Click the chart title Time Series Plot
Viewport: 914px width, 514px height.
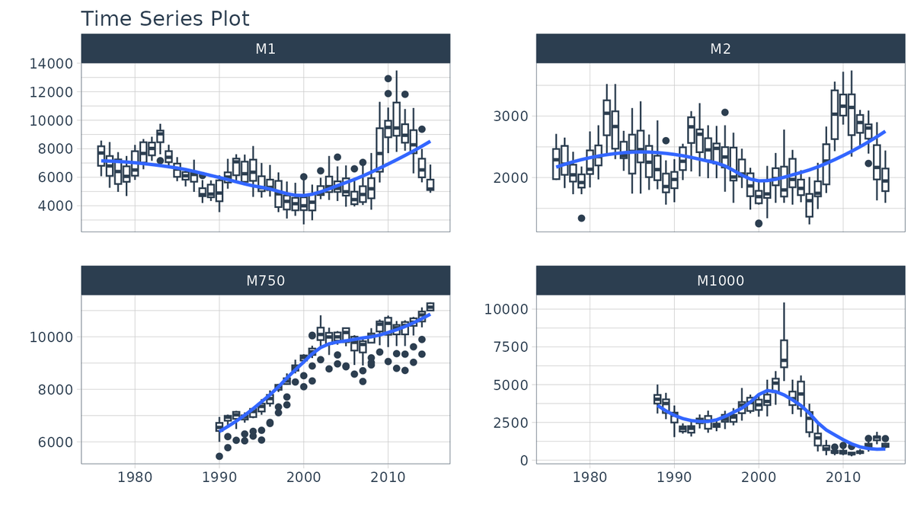pyautogui.click(x=165, y=18)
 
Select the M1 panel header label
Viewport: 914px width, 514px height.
pyautogui.click(x=265, y=49)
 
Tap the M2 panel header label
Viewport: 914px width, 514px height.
pyautogui.click(x=720, y=49)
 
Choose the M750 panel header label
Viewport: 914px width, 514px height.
pyautogui.click(x=265, y=281)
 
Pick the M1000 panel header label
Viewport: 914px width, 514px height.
pyautogui.click(x=720, y=281)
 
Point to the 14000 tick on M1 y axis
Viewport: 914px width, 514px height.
pyautogui.click(x=51, y=64)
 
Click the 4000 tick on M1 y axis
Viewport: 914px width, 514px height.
pyautogui.click(x=55, y=206)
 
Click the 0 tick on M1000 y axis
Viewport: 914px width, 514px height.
pyautogui.click(x=524, y=461)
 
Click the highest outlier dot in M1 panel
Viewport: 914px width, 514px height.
pyautogui.click(x=388, y=78)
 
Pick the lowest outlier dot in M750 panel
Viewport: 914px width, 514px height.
pyautogui.click(x=219, y=456)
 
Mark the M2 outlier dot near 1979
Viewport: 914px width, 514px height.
pyautogui.click(x=581, y=219)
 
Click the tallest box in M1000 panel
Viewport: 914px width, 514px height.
pyautogui.click(x=784, y=353)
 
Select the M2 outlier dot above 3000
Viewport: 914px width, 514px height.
pyautogui.click(x=725, y=113)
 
